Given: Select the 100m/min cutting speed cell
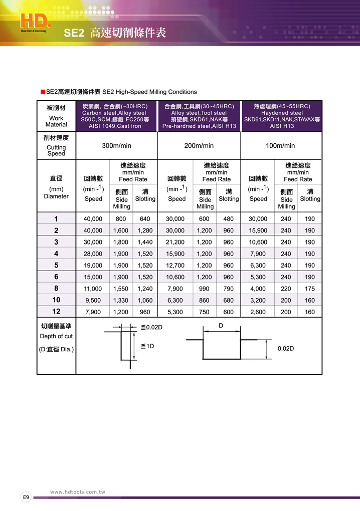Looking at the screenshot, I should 280,146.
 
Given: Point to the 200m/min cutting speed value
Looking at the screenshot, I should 199,146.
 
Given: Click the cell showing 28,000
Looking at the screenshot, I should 93,254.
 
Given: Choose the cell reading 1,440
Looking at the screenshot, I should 145,242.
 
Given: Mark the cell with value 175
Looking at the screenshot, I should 310,289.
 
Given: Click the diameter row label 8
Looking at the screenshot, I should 56,289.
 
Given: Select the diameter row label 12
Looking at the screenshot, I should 56,312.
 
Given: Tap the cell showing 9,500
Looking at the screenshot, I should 93,301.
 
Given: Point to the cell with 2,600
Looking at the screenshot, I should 258,312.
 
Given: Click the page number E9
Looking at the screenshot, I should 26,497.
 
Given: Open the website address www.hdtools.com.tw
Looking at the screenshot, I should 78,492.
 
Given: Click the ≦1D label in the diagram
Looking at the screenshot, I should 147,346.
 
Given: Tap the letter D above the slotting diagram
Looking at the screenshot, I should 221,326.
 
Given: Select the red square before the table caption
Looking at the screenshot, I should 43,92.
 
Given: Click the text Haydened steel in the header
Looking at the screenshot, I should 282,113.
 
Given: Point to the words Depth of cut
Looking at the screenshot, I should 56,336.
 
